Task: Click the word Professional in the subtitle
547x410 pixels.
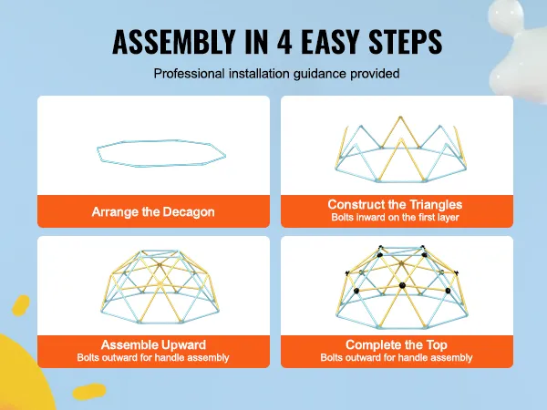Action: coord(189,74)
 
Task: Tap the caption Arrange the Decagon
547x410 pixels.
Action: coord(153,211)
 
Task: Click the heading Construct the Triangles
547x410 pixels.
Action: coord(396,205)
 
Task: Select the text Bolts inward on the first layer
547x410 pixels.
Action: coord(396,219)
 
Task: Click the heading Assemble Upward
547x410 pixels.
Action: coord(153,345)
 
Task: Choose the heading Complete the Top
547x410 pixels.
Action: coord(396,345)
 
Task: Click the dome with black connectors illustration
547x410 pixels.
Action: coord(396,284)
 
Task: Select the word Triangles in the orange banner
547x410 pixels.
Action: coord(436,205)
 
